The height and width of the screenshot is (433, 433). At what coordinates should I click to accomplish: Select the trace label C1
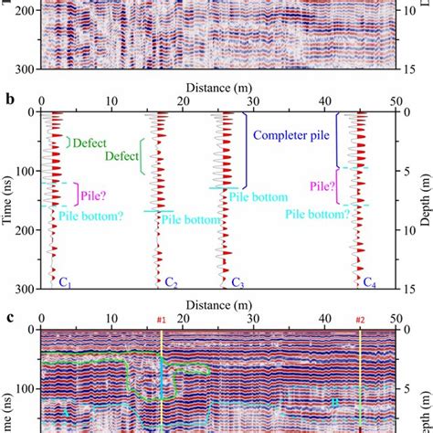pyautogui.click(x=67, y=282)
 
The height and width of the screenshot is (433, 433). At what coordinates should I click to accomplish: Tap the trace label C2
pyautogui.click(x=171, y=282)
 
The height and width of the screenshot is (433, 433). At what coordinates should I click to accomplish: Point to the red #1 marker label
pyautogui.click(x=161, y=320)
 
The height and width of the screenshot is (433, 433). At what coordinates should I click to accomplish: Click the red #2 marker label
pyautogui.click(x=360, y=320)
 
